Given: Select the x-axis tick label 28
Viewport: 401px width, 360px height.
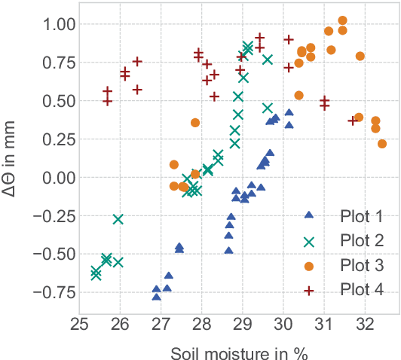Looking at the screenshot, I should pyautogui.click(x=201, y=325).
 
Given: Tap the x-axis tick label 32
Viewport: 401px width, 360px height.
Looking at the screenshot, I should pyautogui.click(x=363, y=325).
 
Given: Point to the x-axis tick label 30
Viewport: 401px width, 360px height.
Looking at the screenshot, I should pyautogui.click(x=283, y=325).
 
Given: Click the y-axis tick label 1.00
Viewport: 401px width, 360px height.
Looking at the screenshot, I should pyautogui.click(x=51, y=24).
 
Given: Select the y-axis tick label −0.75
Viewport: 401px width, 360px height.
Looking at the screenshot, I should pyautogui.click(x=47, y=292).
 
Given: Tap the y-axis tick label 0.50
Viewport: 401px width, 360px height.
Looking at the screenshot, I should pyautogui.click(x=51, y=101).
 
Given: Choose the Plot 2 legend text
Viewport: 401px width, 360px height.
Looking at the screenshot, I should pyautogui.click(x=362, y=241).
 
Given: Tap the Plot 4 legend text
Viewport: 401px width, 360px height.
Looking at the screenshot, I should pyautogui.click(x=362, y=289).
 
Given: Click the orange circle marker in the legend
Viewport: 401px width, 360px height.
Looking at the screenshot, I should pyautogui.click(x=309, y=265).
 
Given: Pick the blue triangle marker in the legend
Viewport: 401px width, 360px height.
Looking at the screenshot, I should pyautogui.click(x=309, y=215).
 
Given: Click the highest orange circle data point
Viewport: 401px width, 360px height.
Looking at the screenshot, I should pyautogui.click(x=342, y=20).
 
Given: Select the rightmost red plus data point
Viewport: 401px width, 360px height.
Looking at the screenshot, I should pyautogui.click(x=352, y=121).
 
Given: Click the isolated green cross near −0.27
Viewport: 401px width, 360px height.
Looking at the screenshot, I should pyautogui.click(x=118, y=219).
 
